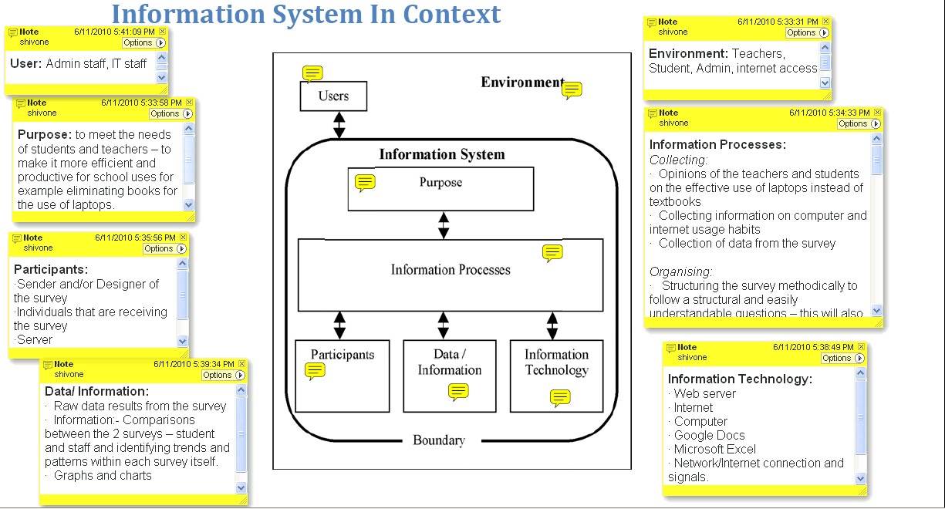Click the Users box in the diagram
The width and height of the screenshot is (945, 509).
pyautogui.click(x=333, y=96)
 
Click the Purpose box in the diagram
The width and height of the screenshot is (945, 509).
pyautogui.click(x=440, y=189)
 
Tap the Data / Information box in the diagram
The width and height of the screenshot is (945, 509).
pyautogui.click(x=449, y=375)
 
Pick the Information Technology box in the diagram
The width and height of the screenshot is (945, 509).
pyautogui.click(x=556, y=375)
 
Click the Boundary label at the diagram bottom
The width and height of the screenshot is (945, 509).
pyautogui.click(x=439, y=440)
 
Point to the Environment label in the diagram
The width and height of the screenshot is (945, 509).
pyautogui.click(x=522, y=83)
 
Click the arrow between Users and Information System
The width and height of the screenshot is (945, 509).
pyautogui.click(x=339, y=125)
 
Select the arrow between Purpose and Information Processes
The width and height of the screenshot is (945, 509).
pyautogui.click(x=443, y=224)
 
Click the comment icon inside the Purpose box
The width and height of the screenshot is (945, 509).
pyautogui.click(x=365, y=183)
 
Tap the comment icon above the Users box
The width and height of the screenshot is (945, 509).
pyautogui.click(x=312, y=73)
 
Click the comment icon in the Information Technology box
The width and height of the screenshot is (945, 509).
pyautogui.click(x=560, y=398)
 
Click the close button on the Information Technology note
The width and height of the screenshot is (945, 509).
pyautogui.click(x=859, y=348)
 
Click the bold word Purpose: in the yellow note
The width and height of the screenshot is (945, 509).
pyautogui.click(x=44, y=134)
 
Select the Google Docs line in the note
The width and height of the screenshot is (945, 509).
pyautogui.click(x=709, y=435)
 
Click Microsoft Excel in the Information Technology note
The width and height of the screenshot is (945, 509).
pyautogui.click(x=714, y=449)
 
